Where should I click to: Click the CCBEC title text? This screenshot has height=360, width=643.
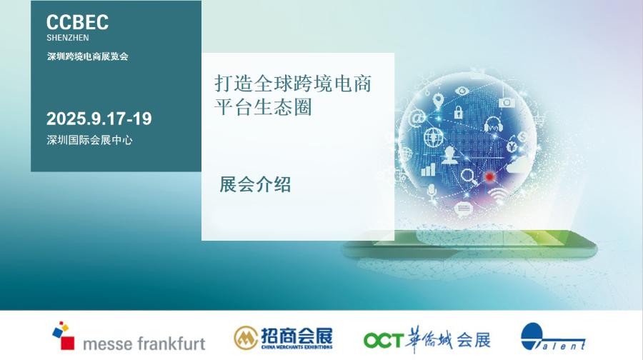coord(77,22)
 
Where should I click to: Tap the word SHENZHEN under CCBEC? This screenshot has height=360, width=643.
coord(68,38)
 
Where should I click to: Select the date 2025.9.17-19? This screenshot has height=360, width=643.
coord(99,119)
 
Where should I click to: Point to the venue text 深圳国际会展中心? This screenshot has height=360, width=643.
coord(89,140)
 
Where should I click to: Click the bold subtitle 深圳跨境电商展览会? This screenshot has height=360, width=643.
coord(87,56)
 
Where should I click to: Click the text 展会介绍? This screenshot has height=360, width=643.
coord(255,184)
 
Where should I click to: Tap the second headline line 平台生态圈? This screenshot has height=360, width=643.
coord(263,107)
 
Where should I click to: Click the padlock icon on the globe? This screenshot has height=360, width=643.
coord(458,111)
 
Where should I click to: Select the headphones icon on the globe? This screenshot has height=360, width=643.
coord(493,125)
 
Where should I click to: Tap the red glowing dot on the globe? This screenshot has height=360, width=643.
coord(489,176)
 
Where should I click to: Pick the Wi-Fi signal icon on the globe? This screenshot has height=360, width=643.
coord(497,196)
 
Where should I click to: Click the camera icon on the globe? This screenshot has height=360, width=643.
coord(507,103)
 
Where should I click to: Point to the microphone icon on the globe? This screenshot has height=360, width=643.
coord(431,192)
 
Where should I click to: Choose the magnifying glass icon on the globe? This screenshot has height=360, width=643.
coord(468,176)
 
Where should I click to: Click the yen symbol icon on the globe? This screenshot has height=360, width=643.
coord(512,146)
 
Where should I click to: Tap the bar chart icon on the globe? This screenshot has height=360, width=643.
coord(428,169)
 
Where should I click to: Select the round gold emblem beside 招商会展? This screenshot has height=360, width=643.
coord(246,338)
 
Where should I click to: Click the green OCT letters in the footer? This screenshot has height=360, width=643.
coord(384,340)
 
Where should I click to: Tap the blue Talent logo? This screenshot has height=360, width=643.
coord(552,337)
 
